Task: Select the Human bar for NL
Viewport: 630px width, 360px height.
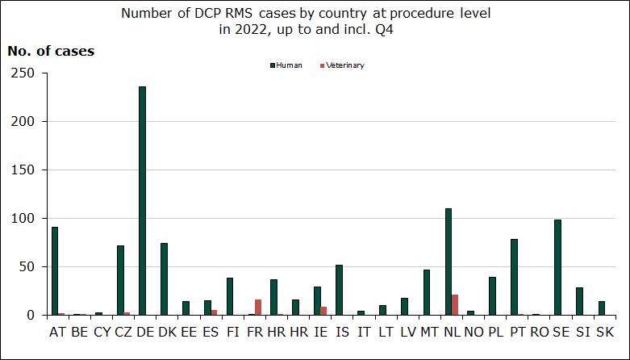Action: (449, 262)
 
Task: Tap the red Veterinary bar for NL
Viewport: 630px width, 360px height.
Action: (455, 305)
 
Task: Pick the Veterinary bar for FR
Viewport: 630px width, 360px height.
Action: (258, 308)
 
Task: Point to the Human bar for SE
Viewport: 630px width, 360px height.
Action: (557, 267)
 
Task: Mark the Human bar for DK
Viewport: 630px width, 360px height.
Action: (165, 279)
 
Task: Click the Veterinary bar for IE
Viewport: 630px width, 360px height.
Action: (323, 311)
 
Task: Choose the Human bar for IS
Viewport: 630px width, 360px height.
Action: (339, 290)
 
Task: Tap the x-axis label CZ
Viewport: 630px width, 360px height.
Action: (123, 332)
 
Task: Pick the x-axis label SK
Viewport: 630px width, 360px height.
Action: (604, 332)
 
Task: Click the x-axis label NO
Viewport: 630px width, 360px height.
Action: (474, 332)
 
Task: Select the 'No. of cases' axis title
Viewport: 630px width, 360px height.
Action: (51, 51)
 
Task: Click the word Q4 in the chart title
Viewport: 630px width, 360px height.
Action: (395, 30)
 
